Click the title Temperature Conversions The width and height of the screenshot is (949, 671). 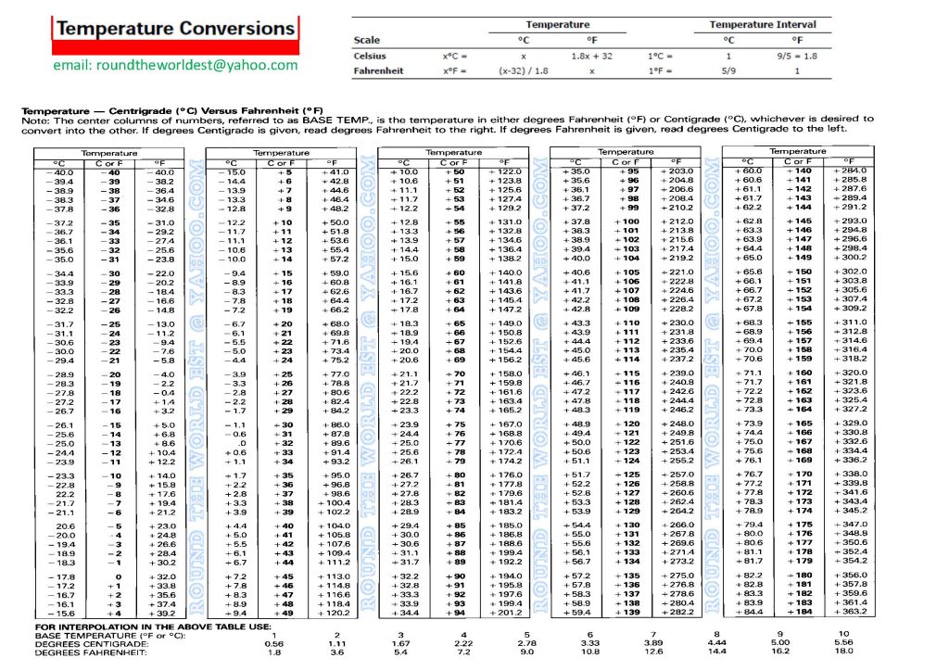174,29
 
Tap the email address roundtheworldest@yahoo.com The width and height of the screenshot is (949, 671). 176,65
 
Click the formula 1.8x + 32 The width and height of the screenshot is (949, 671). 593,56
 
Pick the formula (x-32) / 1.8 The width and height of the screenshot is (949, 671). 524,70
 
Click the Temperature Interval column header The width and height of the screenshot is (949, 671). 764,24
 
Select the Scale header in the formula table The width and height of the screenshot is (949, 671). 367,40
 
